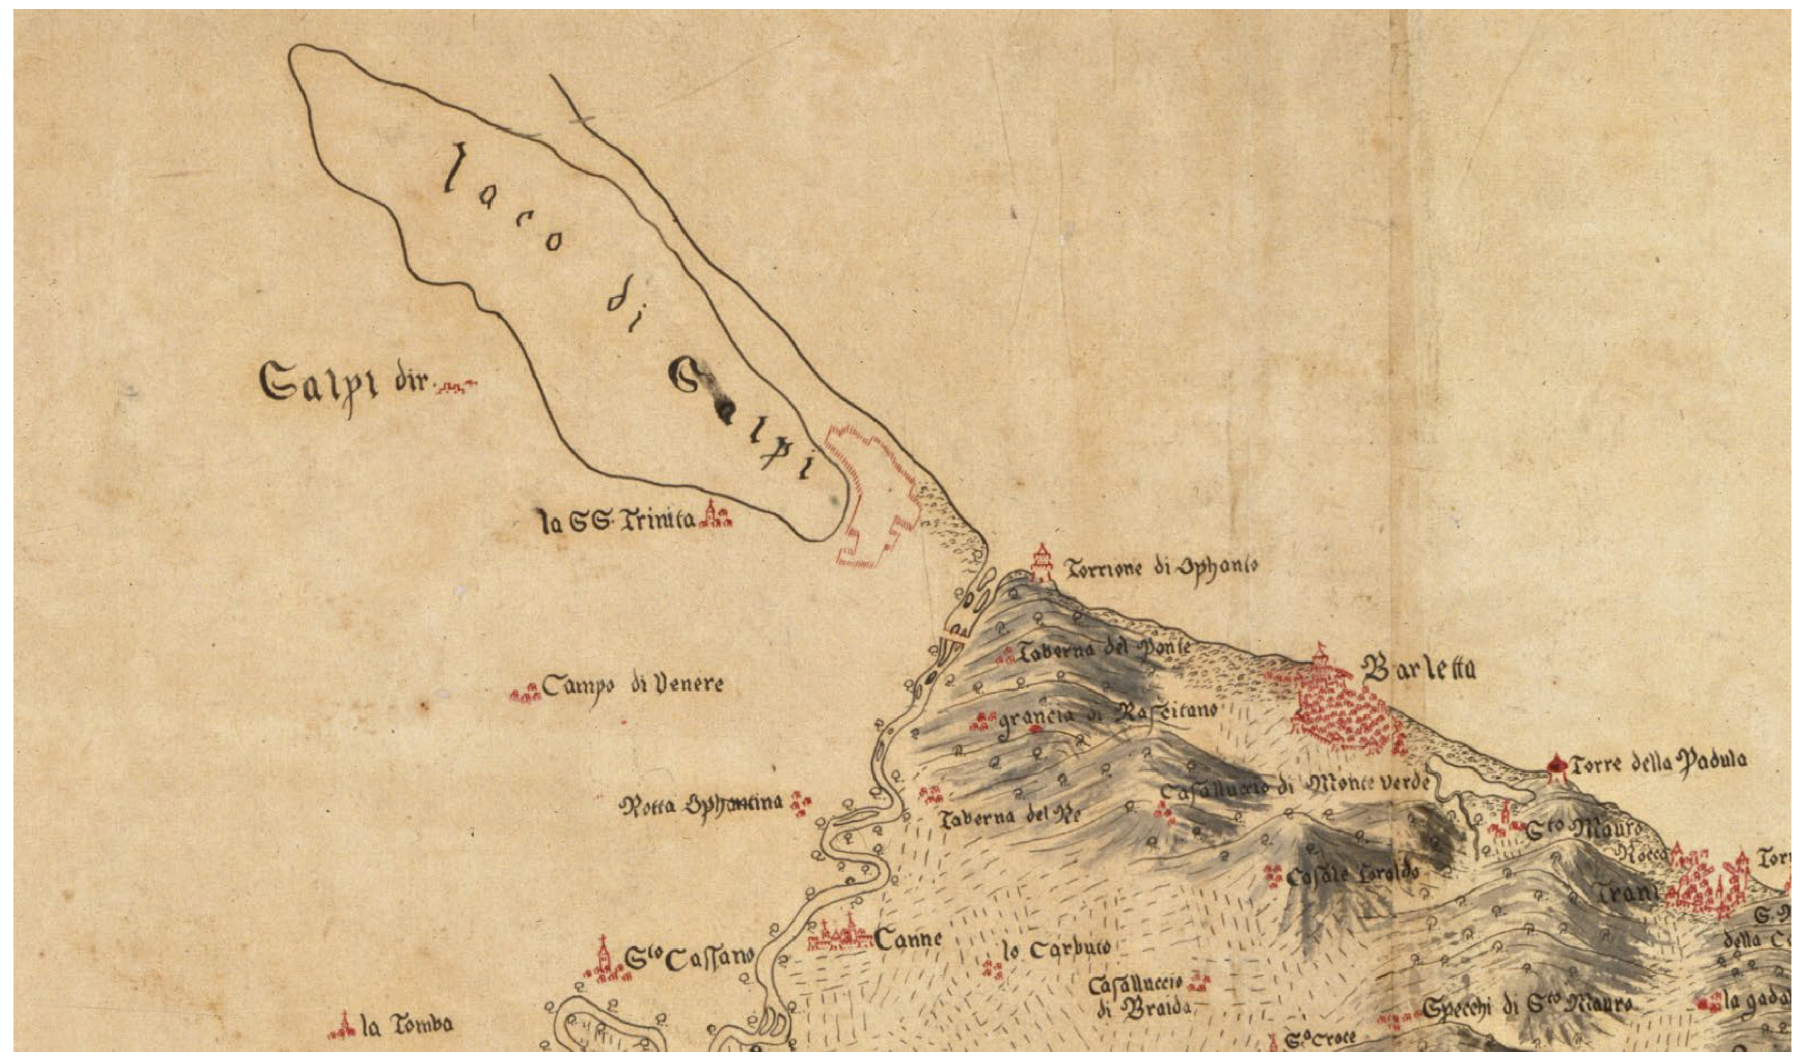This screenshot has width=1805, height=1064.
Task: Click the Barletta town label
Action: pos(1418,670)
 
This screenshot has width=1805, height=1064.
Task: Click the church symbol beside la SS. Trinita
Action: pos(715,515)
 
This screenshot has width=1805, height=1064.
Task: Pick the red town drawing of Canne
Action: pos(839,936)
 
